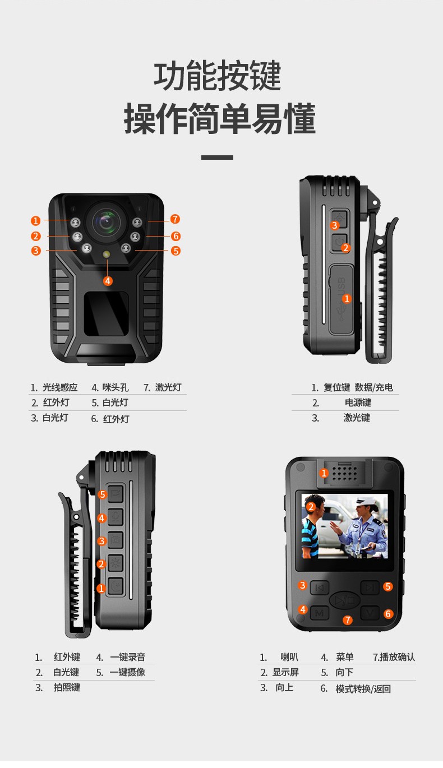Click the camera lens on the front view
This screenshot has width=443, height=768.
tap(107, 221)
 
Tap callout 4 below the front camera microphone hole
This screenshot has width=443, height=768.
tap(108, 281)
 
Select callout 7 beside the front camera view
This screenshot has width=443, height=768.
tap(175, 219)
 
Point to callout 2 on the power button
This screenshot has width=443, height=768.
tap(345, 248)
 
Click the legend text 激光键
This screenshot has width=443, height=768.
tap(357, 418)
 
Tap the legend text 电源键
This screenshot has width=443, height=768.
tap(358, 402)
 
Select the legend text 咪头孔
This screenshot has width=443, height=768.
tap(116, 387)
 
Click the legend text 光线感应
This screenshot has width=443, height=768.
tap(60, 387)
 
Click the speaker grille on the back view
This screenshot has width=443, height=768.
tap(345, 474)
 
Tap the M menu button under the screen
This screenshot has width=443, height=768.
tap(320, 613)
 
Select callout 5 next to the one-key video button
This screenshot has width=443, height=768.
tap(102, 494)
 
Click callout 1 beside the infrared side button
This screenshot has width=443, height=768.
tap(101, 589)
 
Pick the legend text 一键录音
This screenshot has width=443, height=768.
tap(127, 657)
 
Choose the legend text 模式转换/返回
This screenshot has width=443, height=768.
tap(363, 688)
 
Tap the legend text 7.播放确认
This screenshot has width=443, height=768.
tap(394, 657)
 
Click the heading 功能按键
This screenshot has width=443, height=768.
tap(218, 76)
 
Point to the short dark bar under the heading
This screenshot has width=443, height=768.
tap(217, 158)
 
